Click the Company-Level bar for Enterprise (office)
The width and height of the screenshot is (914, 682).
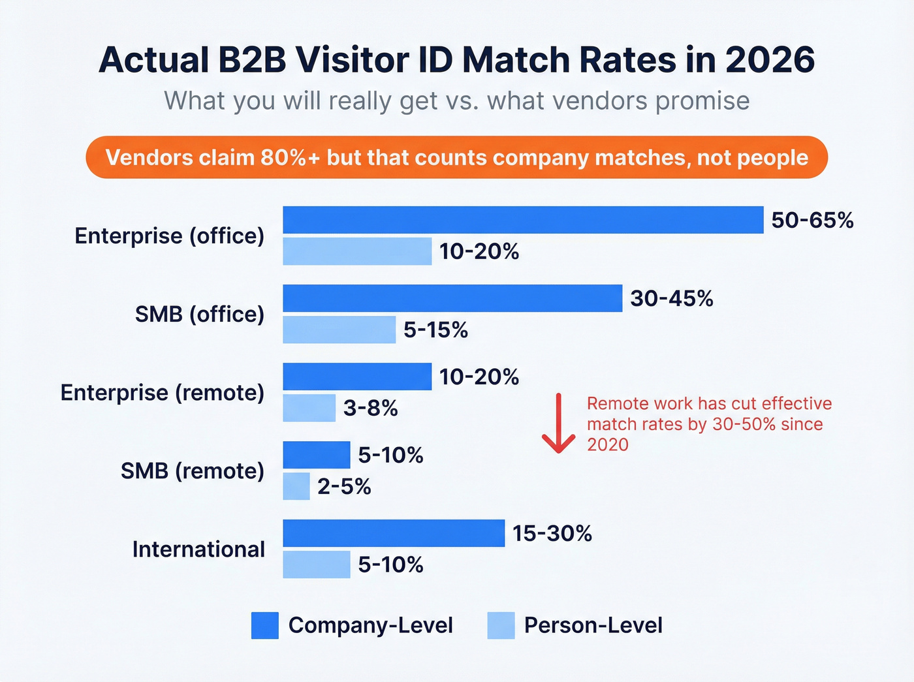[x=523, y=220]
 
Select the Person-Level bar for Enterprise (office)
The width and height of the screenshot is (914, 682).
[x=357, y=251]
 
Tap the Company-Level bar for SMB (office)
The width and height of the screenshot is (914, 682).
[x=452, y=298]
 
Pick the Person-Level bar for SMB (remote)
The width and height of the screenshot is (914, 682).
[x=296, y=486]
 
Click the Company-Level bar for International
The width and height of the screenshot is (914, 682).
[x=394, y=533]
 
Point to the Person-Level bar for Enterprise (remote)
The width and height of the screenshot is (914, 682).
[x=309, y=408]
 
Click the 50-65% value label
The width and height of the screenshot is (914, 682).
[x=812, y=221]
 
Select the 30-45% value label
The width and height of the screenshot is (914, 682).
[x=671, y=299]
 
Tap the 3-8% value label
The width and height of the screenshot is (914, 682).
[x=370, y=409]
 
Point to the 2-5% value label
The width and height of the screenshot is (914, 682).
[x=344, y=487]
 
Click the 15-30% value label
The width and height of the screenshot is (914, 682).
[x=552, y=534]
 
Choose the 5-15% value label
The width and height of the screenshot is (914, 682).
[x=435, y=330]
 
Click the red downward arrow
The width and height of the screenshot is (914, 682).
[x=559, y=424]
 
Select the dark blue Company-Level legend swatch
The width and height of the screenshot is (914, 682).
[x=265, y=625]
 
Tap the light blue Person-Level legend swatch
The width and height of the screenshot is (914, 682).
[x=501, y=625]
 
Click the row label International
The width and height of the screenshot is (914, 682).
[x=198, y=550]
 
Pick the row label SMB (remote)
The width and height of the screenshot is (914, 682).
[x=193, y=471]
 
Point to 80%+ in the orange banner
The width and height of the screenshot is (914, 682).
[x=291, y=157]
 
